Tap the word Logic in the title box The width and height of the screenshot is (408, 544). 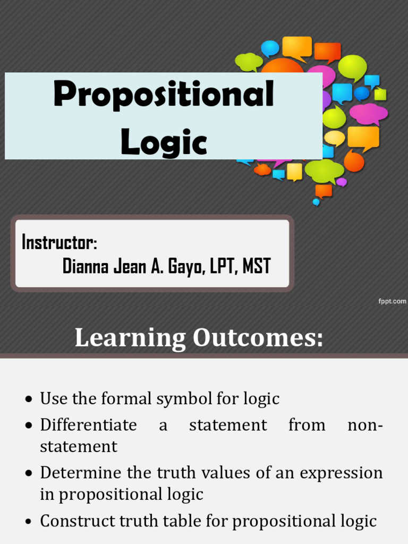click(164, 142)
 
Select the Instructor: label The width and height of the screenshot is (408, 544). click(59, 243)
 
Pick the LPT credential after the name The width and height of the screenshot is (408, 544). click(223, 266)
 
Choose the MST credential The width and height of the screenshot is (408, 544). click(256, 266)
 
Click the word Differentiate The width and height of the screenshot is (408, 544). click(88, 425)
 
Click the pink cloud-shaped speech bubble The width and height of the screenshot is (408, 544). click(368, 113)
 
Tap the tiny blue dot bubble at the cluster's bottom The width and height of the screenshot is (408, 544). click(316, 202)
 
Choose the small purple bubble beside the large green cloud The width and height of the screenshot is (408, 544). click(342, 182)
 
